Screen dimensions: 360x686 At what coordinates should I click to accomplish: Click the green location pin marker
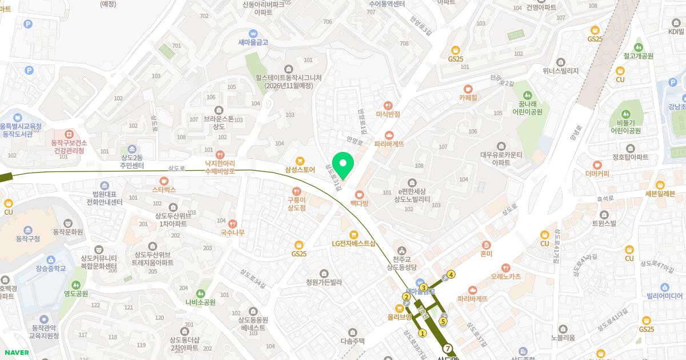(x=342, y=165)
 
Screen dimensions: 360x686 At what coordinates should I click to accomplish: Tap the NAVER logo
(x=15, y=353)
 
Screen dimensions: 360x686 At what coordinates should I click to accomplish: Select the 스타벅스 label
(x=163, y=189)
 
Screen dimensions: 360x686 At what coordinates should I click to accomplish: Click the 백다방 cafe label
(x=359, y=203)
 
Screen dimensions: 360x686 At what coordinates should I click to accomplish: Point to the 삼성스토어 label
(x=300, y=169)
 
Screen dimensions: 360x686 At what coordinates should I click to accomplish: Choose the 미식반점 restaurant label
(x=389, y=114)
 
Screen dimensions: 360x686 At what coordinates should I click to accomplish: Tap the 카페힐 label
(x=468, y=97)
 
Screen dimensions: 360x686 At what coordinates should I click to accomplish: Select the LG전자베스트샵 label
(x=354, y=243)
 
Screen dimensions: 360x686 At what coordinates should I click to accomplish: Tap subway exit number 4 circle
(x=452, y=274)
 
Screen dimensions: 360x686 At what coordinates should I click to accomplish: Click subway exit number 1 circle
(x=422, y=333)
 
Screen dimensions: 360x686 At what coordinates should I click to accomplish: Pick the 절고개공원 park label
(x=639, y=56)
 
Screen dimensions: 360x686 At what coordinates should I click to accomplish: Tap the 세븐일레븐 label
(x=660, y=193)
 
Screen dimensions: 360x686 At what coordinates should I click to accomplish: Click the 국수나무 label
(x=232, y=232)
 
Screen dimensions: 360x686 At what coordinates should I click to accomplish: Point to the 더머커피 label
(x=597, y=173)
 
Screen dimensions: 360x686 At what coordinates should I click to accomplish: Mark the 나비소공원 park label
(x=200, y=302)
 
